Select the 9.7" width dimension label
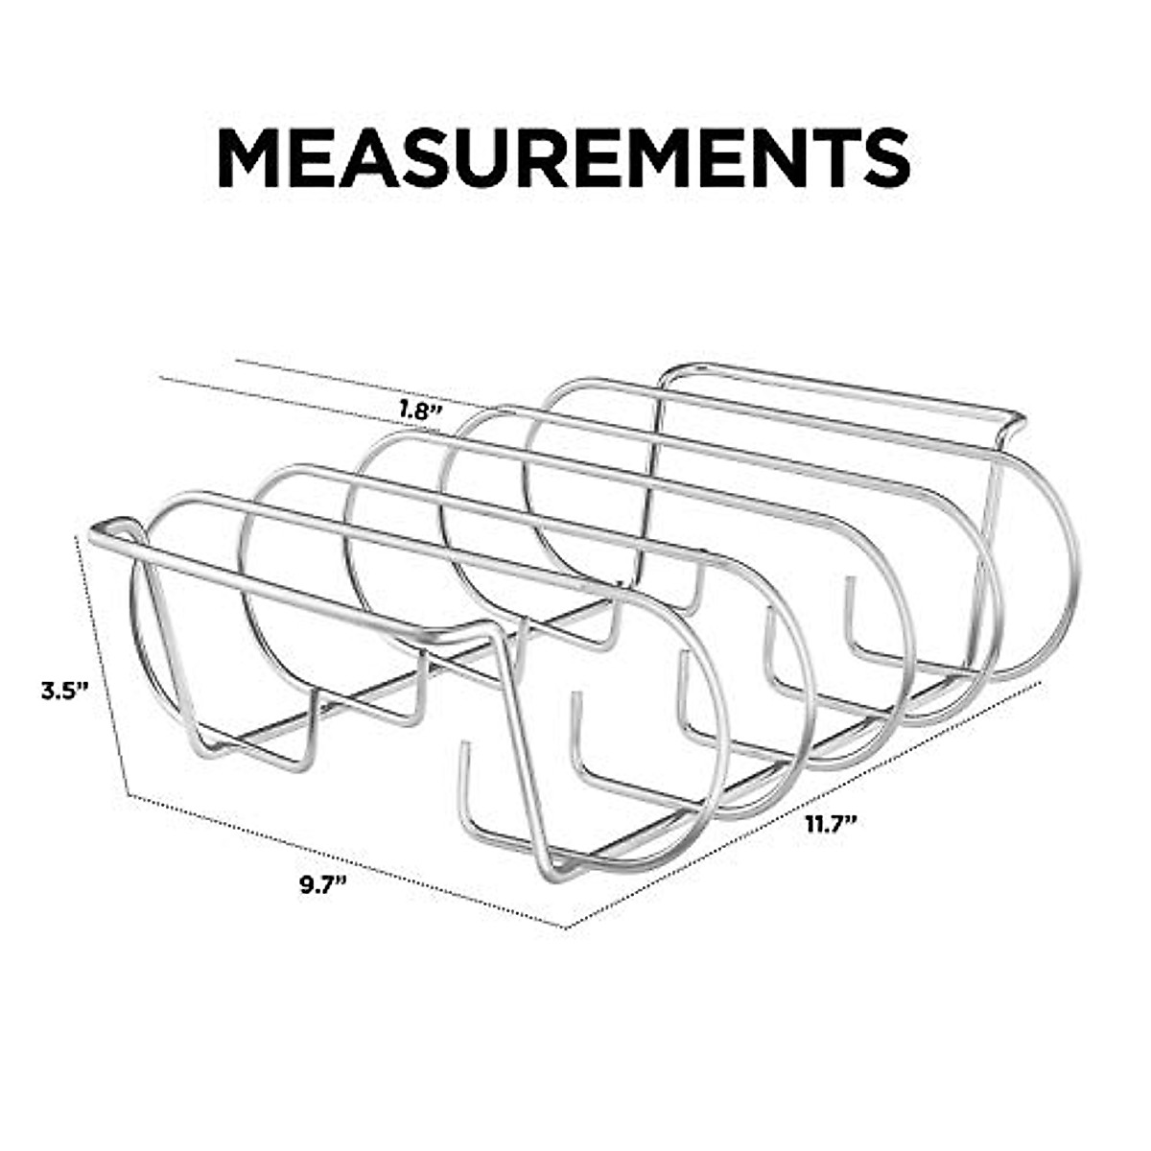(322, 883)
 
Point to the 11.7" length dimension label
(830, 824)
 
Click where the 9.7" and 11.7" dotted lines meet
(565, 928)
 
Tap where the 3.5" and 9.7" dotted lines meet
(129, 794)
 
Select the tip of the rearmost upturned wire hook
(849, 579)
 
